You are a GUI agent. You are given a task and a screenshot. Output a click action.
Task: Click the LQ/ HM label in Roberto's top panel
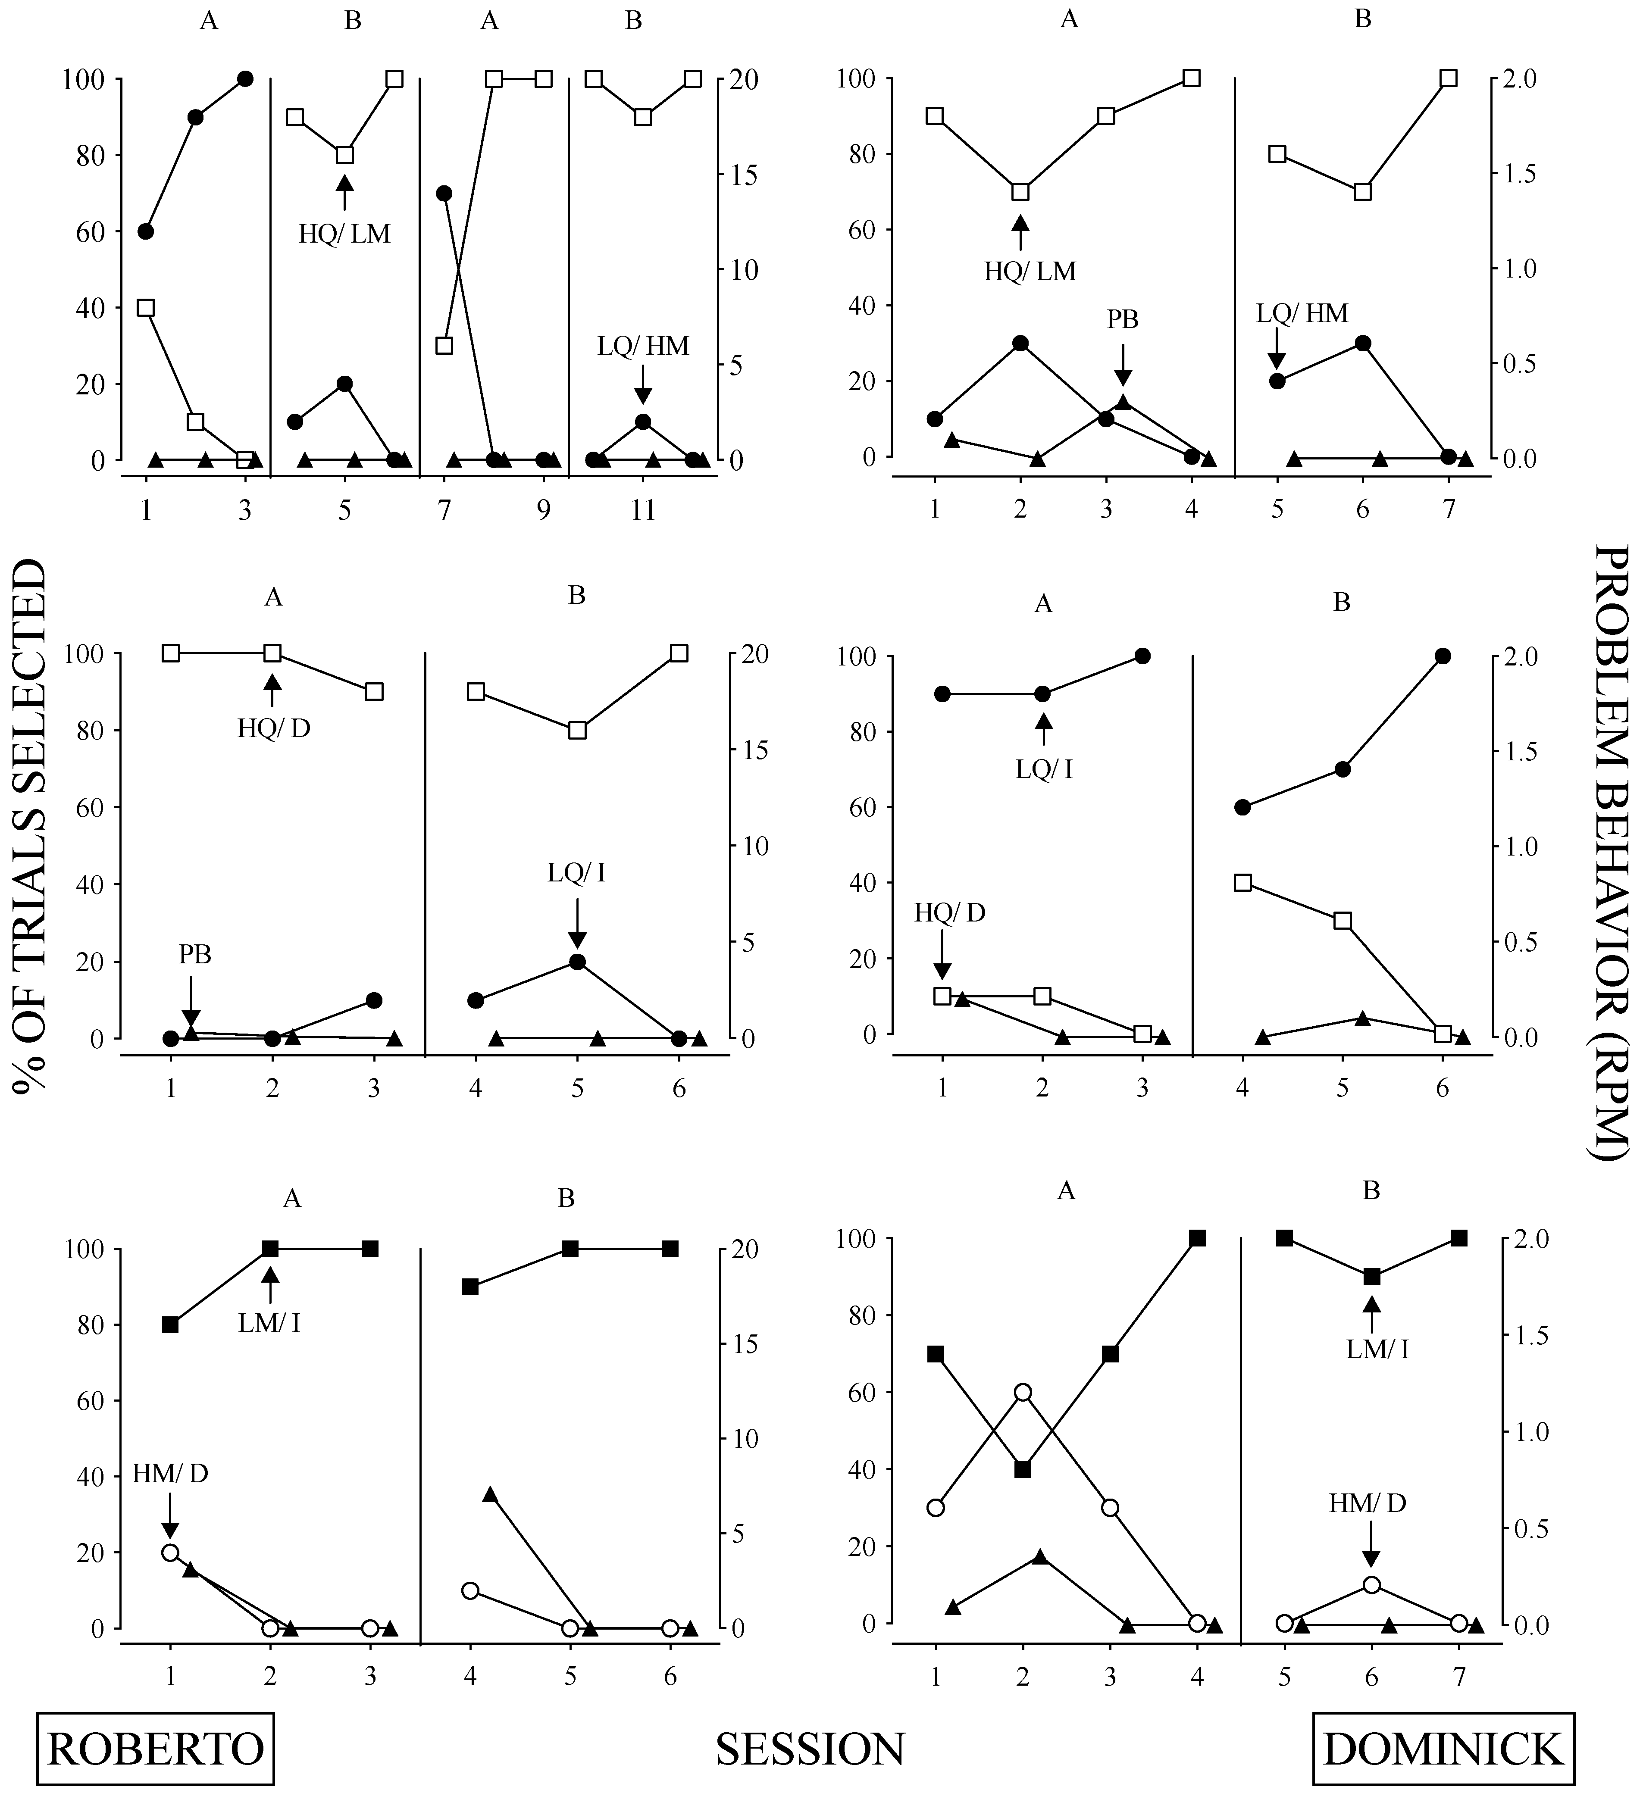click(x=643, y=346)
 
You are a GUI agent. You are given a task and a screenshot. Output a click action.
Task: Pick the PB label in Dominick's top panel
click(x=1123, y=319)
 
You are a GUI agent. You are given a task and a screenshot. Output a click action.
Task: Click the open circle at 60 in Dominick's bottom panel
click(x=1023, y=1392)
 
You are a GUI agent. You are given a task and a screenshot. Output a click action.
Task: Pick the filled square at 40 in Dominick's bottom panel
click(x=1023, y=1469)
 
